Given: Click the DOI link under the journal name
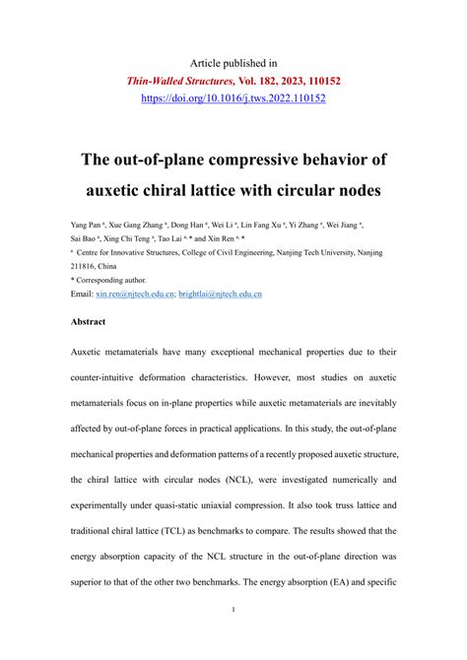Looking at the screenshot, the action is [x=233, y=99].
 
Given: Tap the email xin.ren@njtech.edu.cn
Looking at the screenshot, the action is [x=134, y=294].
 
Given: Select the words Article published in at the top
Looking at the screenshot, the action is [x=233, y=61].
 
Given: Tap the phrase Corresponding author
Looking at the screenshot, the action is [x=115, y=280].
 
